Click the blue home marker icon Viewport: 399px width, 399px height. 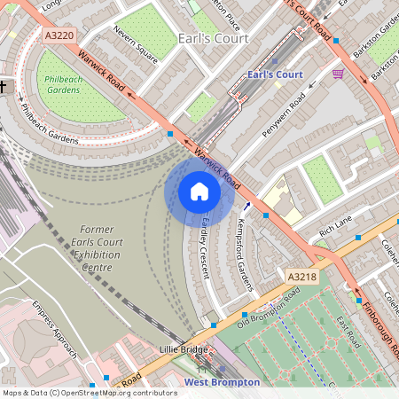coord(199,192)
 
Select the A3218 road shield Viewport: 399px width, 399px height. coord(301,278)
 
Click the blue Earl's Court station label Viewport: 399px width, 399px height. coord(276,74)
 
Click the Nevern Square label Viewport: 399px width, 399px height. coord(136,46)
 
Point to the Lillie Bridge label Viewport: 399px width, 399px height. coord(183,349)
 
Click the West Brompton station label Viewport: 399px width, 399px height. coord(222,382)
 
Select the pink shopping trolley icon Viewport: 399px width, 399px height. coord(338,74)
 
